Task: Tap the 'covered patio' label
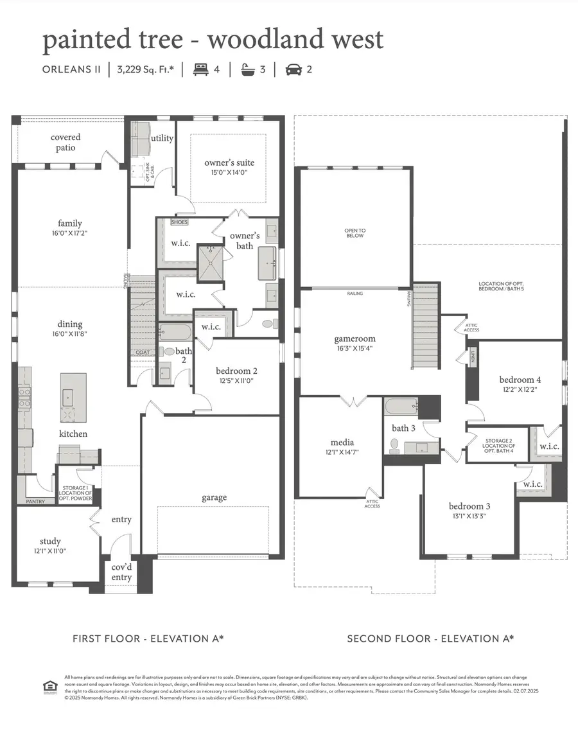pyautogui.click(x=66, y=143)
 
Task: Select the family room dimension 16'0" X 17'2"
pyautogui.click(x=70, y=233)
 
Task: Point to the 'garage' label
pyautogui.click(x=213, y=497)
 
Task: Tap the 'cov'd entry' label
pyautogui.click(x=121, y=572)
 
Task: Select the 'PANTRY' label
pyautogui.click(x=35, y=500)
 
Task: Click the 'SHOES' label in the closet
pyautogui.click(x=179, y=222)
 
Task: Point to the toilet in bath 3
pyautogui.click(x=394, y=444)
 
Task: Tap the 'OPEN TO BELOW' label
pyautogui.click(x=355, y=233)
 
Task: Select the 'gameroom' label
pyautogui.click(x=355, y=339)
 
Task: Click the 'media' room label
pyautogui.click(x=342, y=443)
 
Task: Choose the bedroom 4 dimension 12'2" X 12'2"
pyautogui.click(x=520, y=389)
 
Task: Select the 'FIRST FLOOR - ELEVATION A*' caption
pyautogui.click(x=148, y=639)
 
